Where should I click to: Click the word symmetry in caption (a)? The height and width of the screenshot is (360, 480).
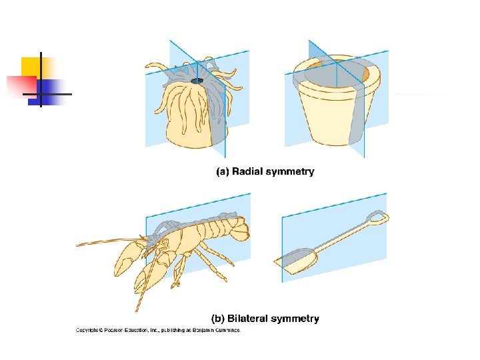pyautogui.click(x=290, y=172)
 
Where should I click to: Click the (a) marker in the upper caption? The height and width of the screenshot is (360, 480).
pyautogui.click(x=223, y=172)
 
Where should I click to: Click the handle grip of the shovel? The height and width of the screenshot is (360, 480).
pyautogui.click(x=377, y=219)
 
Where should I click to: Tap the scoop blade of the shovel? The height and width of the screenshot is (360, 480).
pyautogui.click(x=297, y=260)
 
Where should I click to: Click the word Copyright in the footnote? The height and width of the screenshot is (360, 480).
pyautogui.click(x=89, y=330)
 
